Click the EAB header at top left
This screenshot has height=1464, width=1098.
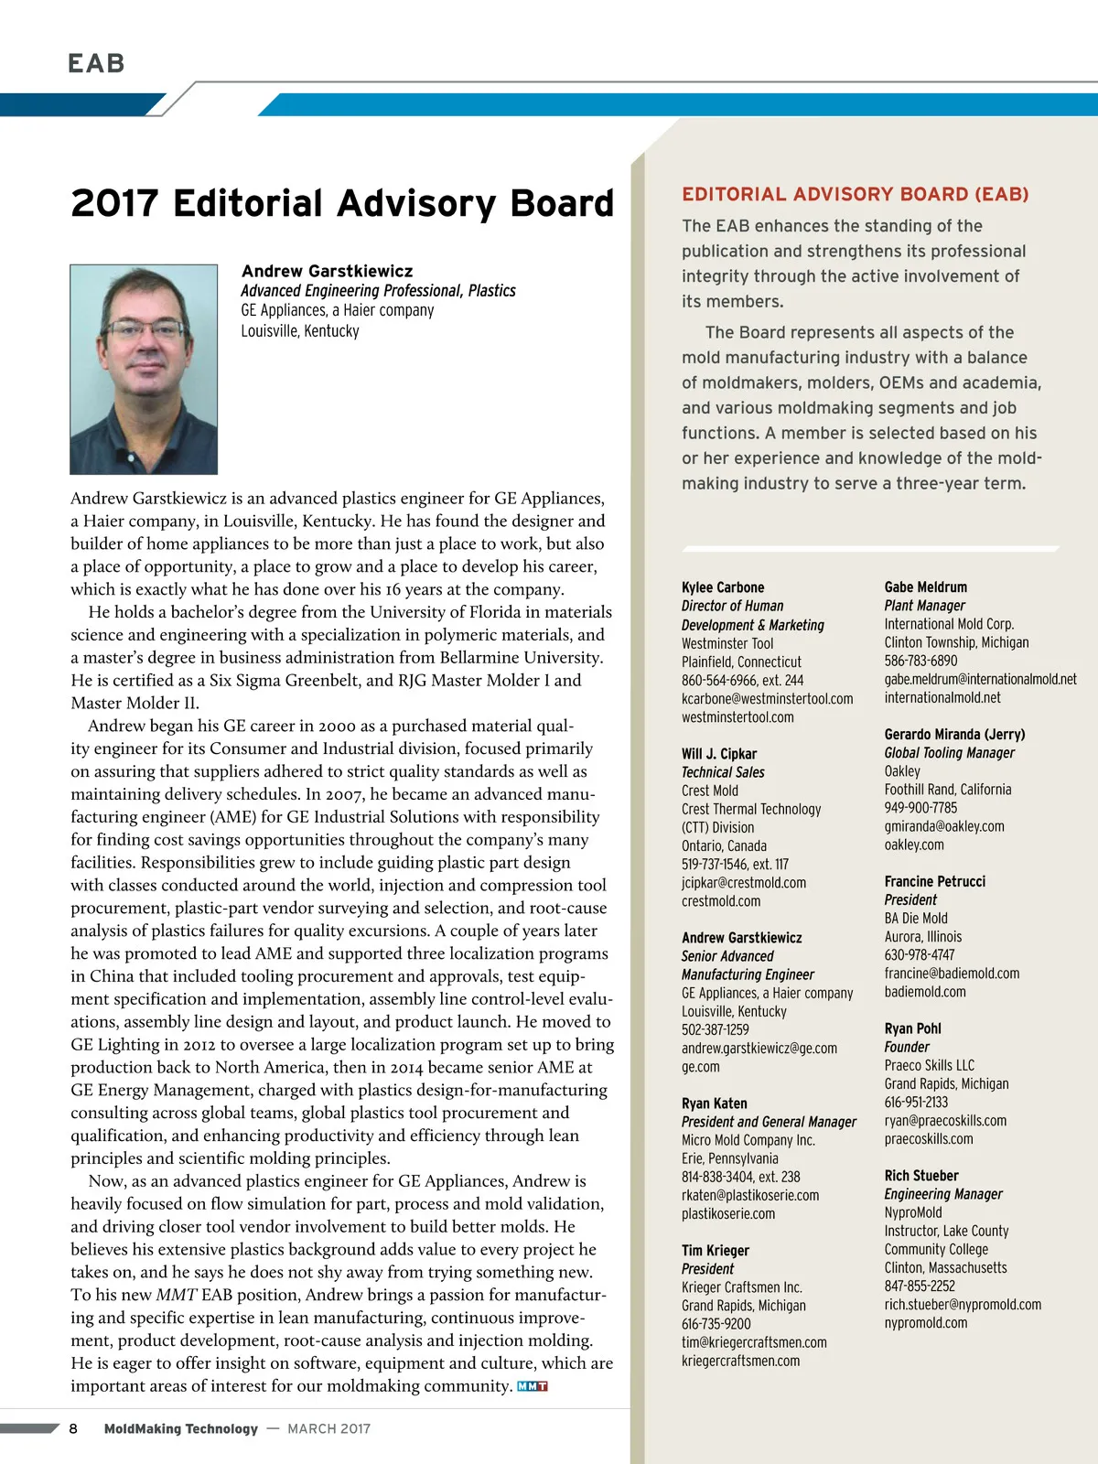coord(96,63)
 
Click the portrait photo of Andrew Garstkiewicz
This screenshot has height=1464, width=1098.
coord(144,369)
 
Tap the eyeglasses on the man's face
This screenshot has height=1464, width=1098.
coord(144,329)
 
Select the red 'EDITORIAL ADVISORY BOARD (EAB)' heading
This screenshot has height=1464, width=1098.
coord(856,194)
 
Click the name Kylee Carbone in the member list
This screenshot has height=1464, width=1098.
coord(723,587)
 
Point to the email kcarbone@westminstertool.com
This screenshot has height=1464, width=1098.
coord(767,699)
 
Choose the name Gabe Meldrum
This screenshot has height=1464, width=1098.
coord(925,587)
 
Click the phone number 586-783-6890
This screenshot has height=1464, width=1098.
coord(920,661)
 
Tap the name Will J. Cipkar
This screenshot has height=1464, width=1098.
coord(719,754)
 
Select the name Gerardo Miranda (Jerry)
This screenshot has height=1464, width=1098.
coord(954,735)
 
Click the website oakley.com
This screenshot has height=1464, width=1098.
coord(914,845)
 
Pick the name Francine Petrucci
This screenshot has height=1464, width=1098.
coord(935,881)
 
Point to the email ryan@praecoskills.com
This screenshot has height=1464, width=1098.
coord(945,1121)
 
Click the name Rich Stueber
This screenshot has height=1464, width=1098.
coord(921,1176)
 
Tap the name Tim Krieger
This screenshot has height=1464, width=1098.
coord(716,1251)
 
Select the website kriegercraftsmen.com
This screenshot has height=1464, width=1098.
coord(740,1361)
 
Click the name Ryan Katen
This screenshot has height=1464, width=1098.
coord(715,1103)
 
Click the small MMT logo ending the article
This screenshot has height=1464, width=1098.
coord(533,1386)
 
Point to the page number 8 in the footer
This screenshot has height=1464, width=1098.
coord(73,1428)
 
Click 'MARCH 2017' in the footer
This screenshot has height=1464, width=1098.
coord(328,1428)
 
